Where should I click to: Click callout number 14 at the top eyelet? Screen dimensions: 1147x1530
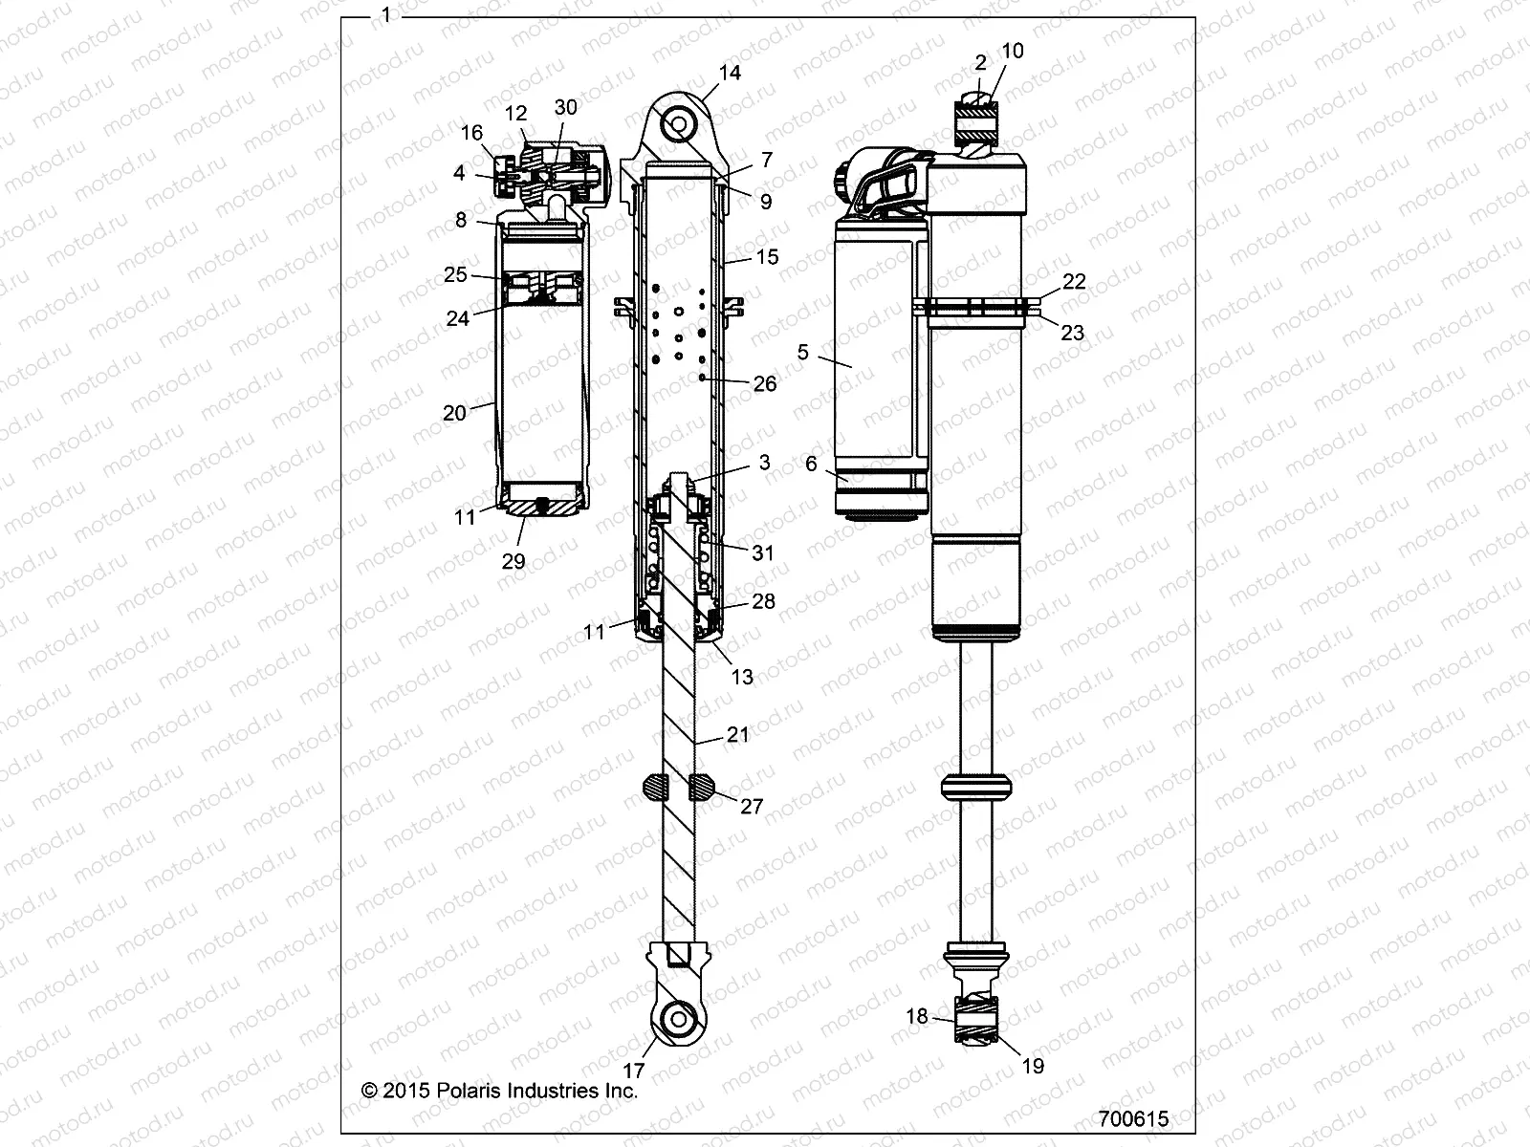(730, 73)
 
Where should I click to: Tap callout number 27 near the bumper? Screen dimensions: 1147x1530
(752, 807)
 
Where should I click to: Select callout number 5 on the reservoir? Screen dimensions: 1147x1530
(802, 353)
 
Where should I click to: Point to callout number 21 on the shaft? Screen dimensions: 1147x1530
(737, 734)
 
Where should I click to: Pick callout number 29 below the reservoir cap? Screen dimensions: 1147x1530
(514, 561)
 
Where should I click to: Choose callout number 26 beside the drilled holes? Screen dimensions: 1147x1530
(765, 383)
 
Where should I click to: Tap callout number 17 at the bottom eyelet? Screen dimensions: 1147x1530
(634, 1071)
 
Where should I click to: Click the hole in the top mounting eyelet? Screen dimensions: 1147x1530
(678, 124)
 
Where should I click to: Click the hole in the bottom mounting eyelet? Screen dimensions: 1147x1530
(679, 1018)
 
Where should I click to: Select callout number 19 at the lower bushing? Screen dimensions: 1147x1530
(1033, 1066)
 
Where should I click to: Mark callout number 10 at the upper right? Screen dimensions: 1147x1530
(1012, 51)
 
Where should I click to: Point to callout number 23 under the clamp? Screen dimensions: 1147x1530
(1073, 332)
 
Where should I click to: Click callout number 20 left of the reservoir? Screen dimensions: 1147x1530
(454, 412)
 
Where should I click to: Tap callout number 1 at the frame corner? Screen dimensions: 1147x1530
(385, 15)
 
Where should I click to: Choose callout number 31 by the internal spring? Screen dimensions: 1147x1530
(763, 552)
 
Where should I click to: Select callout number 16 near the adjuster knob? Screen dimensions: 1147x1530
(471, 133)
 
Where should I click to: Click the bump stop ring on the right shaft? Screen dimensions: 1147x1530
(975, 786)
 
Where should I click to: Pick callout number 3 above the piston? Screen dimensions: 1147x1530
(764, 463)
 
